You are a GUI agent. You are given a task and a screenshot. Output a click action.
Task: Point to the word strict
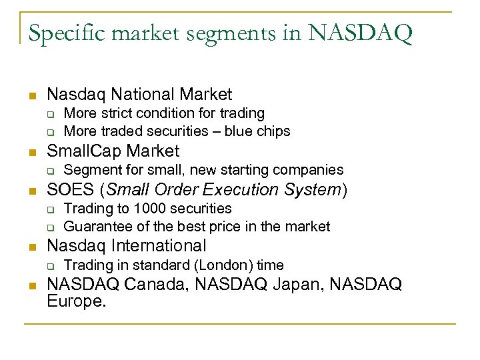pyautogui.click(x=117, y=114)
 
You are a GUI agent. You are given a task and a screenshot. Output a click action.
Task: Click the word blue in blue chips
pyautogui.click(x=239, y=131)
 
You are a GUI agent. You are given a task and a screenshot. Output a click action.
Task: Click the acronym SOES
pyautogui.click(x=71, y=189)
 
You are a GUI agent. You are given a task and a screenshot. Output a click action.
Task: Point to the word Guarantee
pyautogui.click(x=94, y=227)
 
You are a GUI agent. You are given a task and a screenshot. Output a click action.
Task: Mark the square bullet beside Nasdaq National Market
pyautogui.click(x=31, y=96)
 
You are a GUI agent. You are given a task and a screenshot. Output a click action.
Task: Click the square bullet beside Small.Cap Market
pyautogui.click(x=31, y=152)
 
